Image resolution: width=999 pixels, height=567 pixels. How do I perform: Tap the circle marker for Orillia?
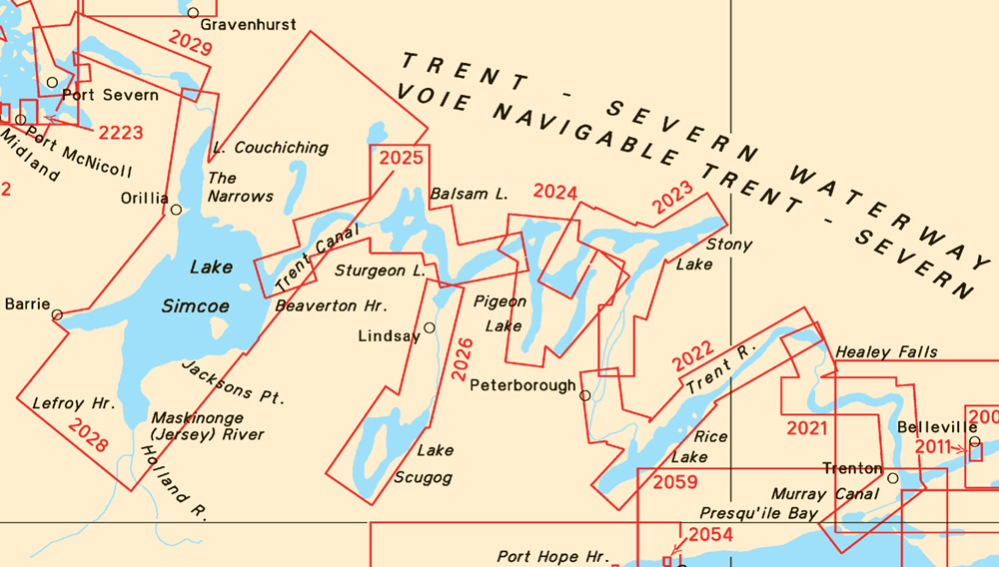(x=176, y=210)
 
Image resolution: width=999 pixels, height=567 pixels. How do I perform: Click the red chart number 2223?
(x=121, y=132)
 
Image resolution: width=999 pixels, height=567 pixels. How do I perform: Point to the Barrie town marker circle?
(x=57, y=314)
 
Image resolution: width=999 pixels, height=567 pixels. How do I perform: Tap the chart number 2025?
(x=401, y=157)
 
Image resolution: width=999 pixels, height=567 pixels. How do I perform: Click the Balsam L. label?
(x=469, y=194)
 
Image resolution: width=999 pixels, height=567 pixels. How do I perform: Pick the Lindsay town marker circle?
(x=430, y=327)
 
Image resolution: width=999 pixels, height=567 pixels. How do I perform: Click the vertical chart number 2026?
(x=461, y=359)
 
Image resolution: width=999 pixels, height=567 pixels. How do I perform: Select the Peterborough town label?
(x=522, y=385)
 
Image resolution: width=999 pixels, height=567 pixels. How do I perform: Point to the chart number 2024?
(x=555, y=192)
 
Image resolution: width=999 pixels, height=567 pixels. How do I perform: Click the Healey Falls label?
(x=886, y=351)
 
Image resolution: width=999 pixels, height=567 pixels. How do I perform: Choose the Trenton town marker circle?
(x=893, y=478)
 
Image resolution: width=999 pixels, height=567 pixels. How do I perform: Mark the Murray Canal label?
(x=825, y=494)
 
